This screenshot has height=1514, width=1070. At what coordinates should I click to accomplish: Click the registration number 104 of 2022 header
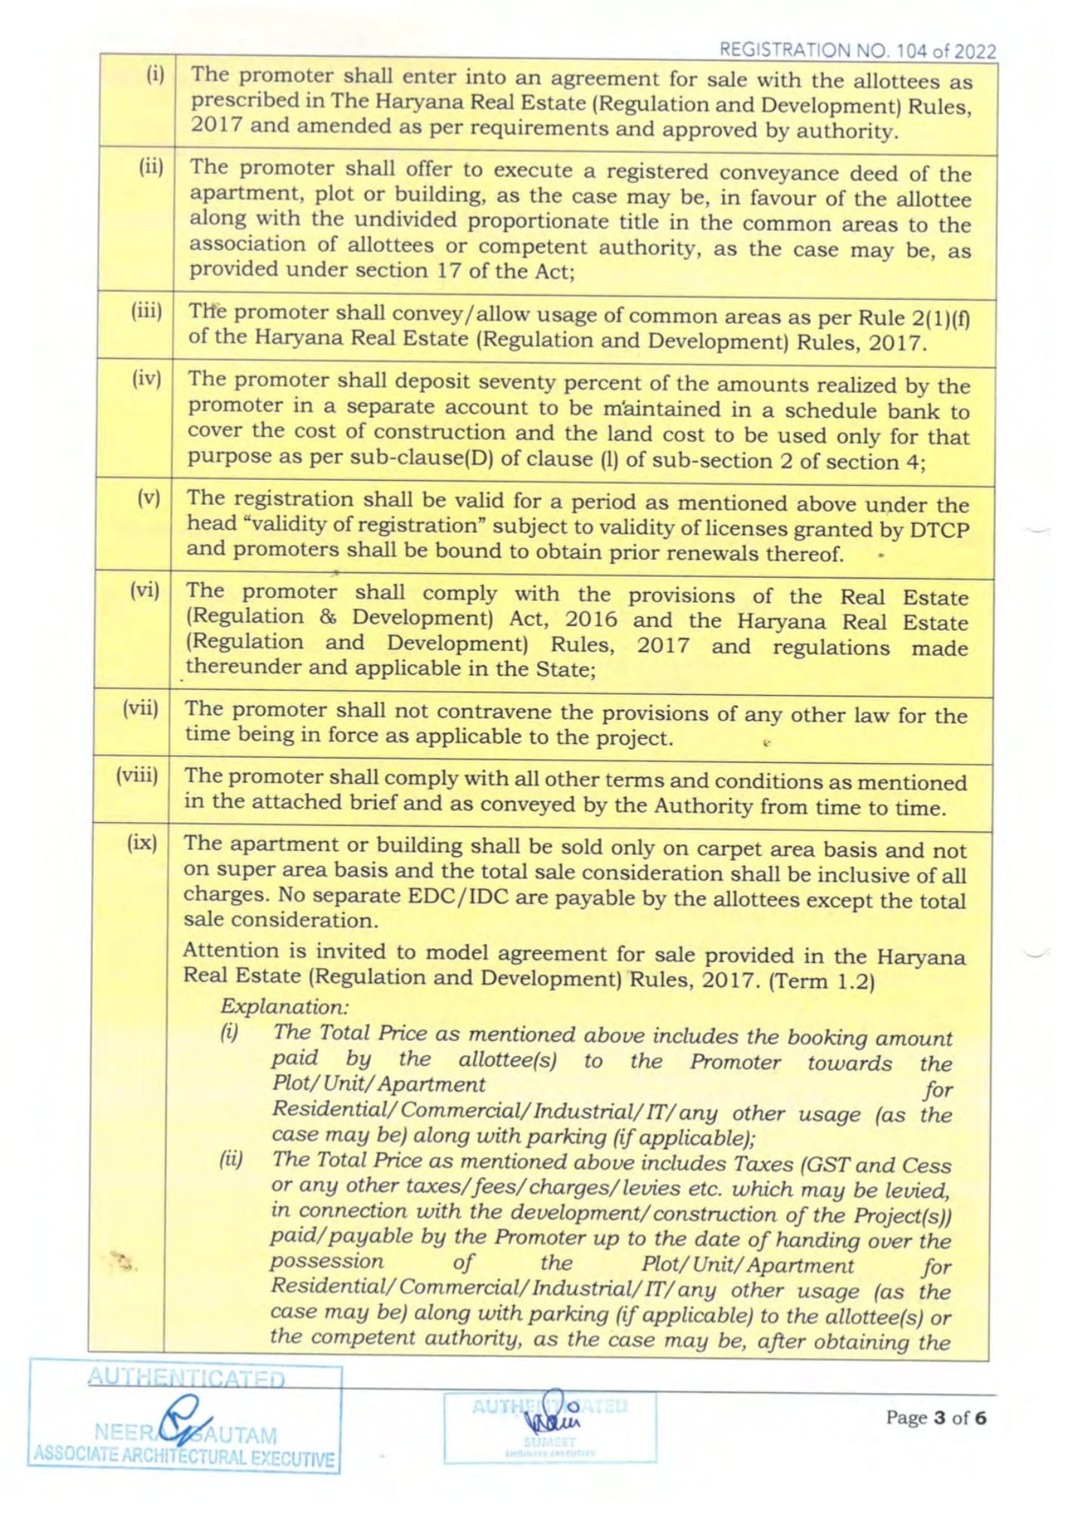(857, 51)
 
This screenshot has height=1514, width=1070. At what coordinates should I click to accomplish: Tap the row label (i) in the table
(155, 76)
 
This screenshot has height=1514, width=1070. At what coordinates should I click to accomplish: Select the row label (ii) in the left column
(151, 167)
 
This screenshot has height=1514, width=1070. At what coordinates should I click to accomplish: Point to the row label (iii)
(148, 312)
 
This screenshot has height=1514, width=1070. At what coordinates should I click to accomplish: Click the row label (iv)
(148, 378)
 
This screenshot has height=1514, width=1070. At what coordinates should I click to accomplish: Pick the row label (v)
(149, 497)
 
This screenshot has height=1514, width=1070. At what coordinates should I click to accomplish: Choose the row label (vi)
(145, 590)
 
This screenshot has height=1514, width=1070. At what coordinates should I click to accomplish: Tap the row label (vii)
(142, 709)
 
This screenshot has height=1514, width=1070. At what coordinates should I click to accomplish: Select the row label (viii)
(138, 775)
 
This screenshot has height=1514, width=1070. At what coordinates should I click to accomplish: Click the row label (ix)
(143, 843)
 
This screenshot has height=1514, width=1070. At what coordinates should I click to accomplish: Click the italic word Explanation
(285, 1007)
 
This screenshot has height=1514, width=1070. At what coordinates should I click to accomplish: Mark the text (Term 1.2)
(821, 982)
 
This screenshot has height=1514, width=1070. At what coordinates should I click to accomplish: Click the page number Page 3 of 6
(936, 1417)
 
